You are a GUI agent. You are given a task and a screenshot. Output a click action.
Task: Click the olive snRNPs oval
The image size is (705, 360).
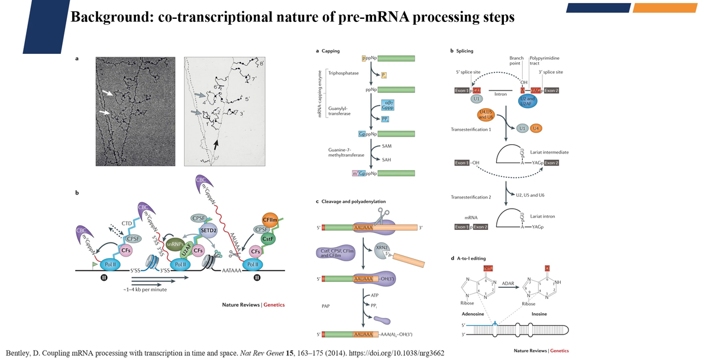click(175, 244)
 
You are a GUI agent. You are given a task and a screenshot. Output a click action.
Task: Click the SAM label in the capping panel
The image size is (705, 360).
click(387, 145)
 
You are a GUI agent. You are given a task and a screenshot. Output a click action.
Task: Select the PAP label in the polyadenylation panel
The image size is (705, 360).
click(325, 306)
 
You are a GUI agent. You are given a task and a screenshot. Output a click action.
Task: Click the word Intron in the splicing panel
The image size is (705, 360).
click(500, 94)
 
